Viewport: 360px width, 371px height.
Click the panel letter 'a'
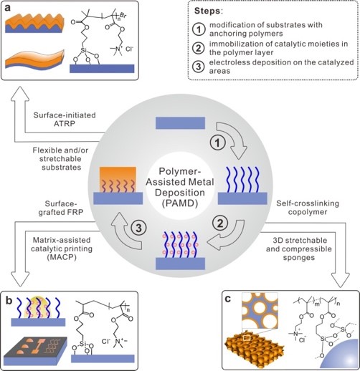coord(8,8)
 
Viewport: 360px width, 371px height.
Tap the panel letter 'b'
coord(9,301)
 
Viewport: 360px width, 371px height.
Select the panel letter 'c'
coord(228,299)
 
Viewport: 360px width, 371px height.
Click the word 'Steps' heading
coord(207,11)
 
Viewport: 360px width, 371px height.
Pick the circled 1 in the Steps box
coord(199,29)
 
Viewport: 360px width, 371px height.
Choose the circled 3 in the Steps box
coord(199,67)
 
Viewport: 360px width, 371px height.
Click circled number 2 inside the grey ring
coord(220,223)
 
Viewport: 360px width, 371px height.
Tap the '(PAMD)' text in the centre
coord(180,203)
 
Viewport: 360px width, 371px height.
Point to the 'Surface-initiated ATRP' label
coord(65,119)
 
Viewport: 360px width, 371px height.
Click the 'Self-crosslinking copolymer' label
coord(308,208)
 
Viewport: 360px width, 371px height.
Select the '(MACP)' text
coord(62,257)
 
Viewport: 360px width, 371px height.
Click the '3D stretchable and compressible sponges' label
coord(299,249)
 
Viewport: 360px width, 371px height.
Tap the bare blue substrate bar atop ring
coord(180,123)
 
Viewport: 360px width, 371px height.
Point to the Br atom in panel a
coord(123,15)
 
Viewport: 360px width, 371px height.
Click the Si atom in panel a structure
coord(84,50)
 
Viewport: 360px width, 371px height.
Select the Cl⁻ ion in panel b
coord(106,341)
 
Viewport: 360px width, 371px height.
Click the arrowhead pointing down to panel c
coord(340,280)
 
